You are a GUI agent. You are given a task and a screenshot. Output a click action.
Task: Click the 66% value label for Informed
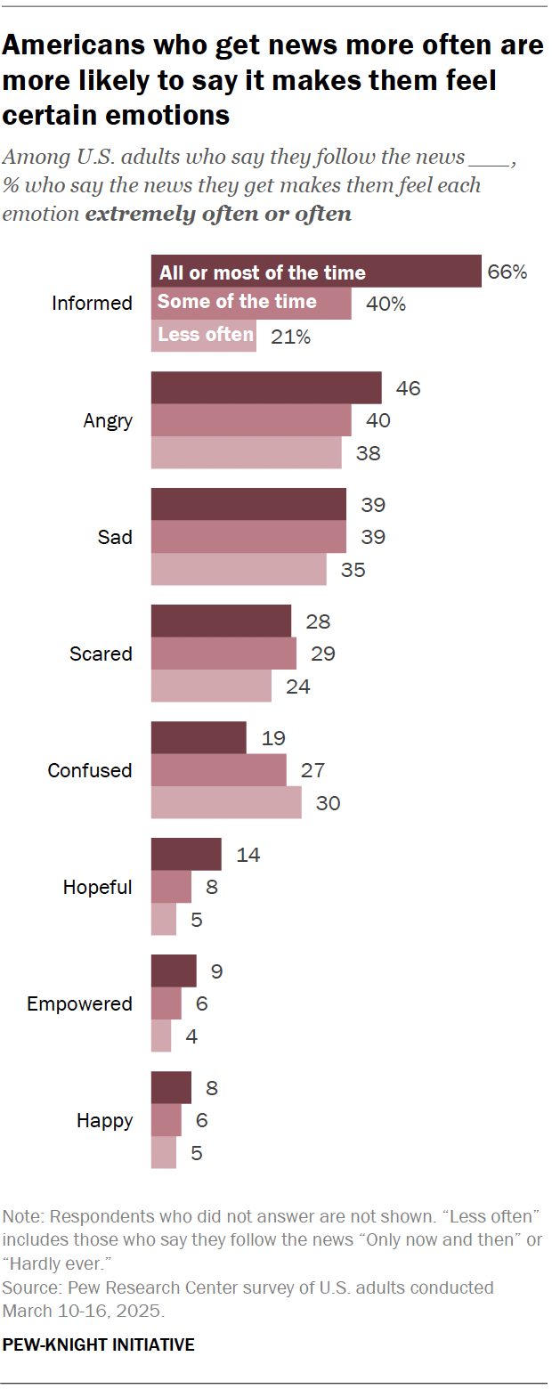click(507, 272)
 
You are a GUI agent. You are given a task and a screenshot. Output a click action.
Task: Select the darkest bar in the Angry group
click(266, 388)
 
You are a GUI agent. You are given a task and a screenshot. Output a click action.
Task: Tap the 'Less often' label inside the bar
click(205, 335)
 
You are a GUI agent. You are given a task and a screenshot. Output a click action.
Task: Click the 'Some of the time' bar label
click(237, 302)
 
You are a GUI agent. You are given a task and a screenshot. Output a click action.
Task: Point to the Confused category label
click(90, 771)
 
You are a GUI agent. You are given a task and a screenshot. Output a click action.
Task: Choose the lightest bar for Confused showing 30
click(226, 802)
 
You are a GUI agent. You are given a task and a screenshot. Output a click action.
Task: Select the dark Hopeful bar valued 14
click(186, 855)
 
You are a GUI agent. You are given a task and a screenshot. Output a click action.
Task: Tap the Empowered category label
click(79, 1004)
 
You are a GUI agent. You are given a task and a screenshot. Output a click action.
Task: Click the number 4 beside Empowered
click(191, 1036)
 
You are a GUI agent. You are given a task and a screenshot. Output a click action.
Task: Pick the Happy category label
click(104, 1121)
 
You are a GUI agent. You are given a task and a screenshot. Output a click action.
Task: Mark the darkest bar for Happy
click(171, 1088)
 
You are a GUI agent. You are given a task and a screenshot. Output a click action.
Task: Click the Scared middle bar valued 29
click(223, 654)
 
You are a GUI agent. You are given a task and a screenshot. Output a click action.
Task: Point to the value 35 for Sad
click(353, 569)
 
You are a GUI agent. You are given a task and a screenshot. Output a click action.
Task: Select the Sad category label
click(115, 537)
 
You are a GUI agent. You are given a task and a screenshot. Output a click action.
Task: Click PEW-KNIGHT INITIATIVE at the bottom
click(99, 1344)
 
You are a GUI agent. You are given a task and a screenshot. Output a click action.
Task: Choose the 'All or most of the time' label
click(263, 272)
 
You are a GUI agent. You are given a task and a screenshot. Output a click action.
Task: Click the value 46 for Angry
click(409, 388)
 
